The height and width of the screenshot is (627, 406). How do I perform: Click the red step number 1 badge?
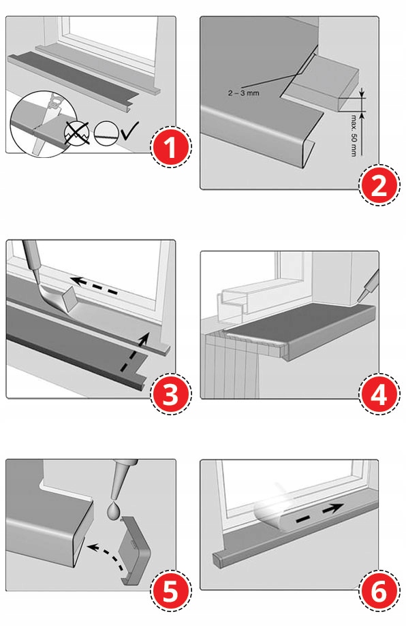[171, 147]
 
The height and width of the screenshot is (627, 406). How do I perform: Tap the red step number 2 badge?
[379, 185]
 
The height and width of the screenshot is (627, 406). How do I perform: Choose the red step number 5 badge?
[171, 591]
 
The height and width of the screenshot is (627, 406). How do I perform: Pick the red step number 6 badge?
[379, 591]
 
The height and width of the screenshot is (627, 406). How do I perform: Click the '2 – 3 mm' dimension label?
[244, 93]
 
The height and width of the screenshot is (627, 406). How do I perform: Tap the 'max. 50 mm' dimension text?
[354, 135]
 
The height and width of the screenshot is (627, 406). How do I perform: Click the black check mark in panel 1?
[129, 131]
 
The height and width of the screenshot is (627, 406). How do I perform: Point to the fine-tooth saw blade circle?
[106, 133]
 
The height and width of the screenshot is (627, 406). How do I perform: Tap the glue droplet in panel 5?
[114, 511]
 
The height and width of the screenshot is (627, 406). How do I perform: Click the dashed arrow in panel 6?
[319, 513]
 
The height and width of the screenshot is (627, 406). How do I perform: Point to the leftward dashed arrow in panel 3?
[95, 287]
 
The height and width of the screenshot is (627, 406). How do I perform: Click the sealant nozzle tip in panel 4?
[359, 301]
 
